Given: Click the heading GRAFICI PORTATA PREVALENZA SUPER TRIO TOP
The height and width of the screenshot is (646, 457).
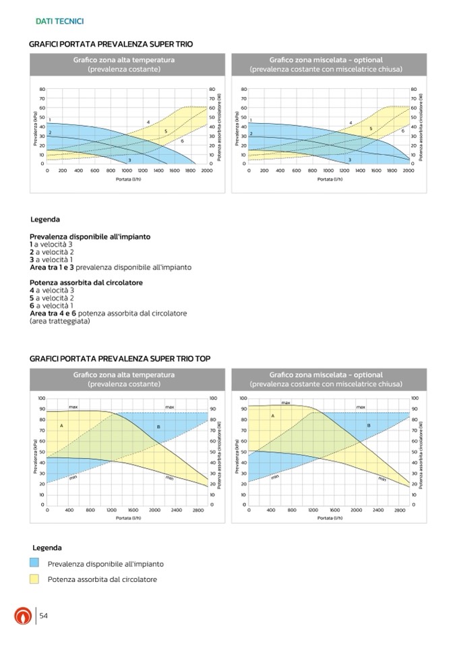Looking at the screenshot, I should (x=120, y=359).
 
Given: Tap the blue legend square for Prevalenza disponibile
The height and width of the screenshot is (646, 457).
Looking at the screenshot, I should (x=34, y=563).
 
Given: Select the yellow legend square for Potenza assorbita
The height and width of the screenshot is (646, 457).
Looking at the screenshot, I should (x=34, y=579).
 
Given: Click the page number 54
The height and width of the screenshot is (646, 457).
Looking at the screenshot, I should (x=44, y=616).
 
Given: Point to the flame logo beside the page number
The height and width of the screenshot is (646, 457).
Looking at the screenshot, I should (x=22, y=616).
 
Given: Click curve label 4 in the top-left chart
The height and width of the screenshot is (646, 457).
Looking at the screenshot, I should (x=148, y=122).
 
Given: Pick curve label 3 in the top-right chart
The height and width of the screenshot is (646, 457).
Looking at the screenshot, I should (x=349, y=160).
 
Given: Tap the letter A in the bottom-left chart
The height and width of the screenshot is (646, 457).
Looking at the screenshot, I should (x=61, y=426).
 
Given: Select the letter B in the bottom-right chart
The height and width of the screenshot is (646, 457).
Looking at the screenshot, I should (x=369, y=426).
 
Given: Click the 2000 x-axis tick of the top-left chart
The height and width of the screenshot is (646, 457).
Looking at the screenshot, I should (x=206, y=171).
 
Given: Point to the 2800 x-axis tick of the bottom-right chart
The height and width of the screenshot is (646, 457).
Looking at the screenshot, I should (x=400, y=511).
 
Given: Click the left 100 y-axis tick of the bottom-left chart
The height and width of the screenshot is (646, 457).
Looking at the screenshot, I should (x=42, y=399).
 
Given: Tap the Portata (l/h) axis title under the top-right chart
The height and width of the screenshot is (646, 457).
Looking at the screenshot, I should (x=328, y=180).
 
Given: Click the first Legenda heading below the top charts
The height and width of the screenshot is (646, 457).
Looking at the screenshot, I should (x=45, y=220).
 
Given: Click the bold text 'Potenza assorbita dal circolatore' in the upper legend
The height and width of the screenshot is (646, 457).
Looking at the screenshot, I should (x=86, y=283).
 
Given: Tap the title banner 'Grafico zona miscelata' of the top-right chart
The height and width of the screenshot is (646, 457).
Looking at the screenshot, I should (x=326, y=65).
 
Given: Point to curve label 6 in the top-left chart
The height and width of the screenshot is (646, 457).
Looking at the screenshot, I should (x=182, y=141).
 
